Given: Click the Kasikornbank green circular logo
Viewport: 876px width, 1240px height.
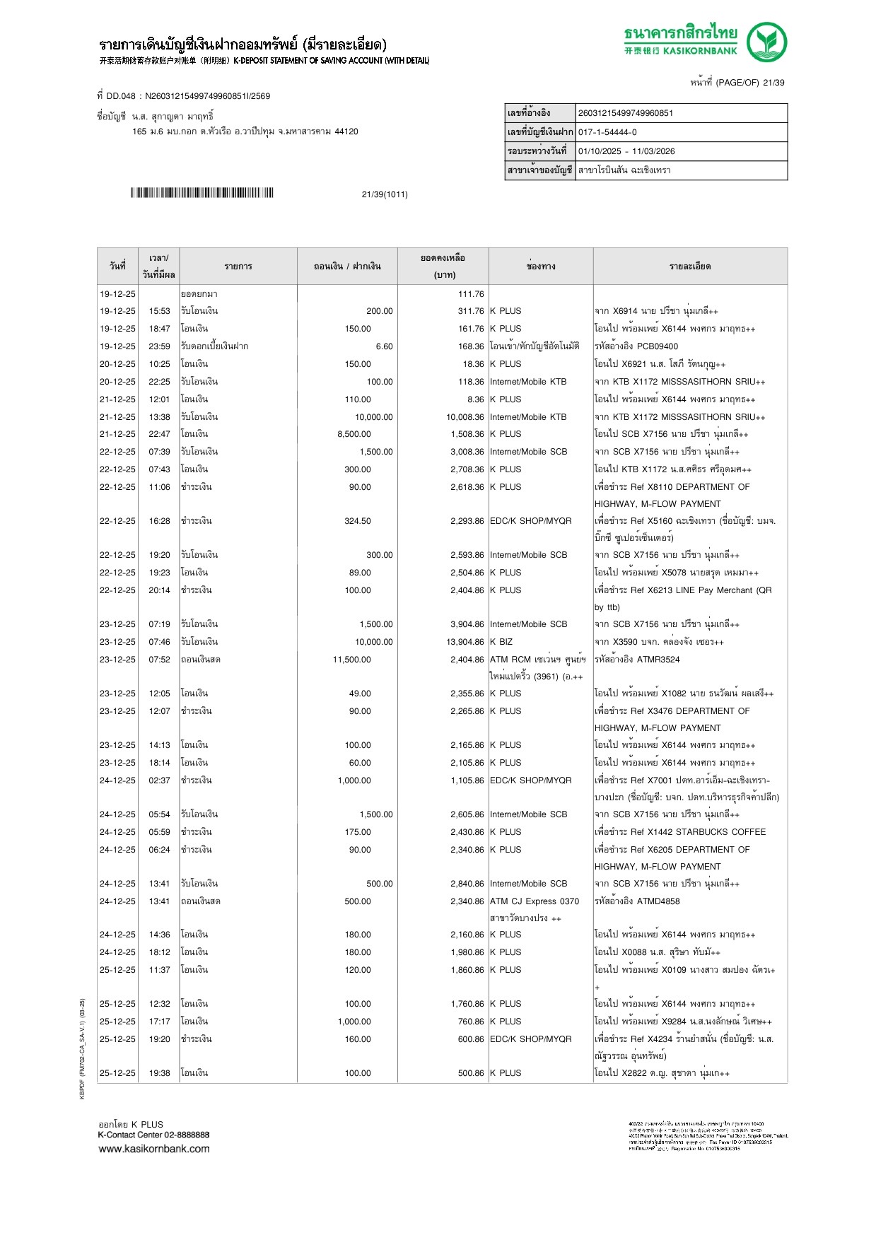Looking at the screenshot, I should tap(766, 42).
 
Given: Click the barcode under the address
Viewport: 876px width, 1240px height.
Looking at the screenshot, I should tap(202, 193).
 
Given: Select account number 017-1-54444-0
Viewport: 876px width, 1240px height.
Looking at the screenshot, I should tap(607, 132).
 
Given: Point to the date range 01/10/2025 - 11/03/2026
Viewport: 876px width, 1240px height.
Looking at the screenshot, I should tap(626, 151).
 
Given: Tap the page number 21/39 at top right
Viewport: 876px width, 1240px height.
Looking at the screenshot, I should tap(773, 83).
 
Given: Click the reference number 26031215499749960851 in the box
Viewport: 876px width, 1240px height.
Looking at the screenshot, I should tap(626, 113).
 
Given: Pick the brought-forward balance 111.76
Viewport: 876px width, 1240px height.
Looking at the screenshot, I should tap(471, 294).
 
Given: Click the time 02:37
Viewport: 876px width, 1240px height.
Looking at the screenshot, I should tap(159, 780).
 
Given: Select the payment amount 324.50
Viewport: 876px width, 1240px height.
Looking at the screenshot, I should tap(357, 521).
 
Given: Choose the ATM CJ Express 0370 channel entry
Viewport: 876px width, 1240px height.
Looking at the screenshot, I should tap(535, 901).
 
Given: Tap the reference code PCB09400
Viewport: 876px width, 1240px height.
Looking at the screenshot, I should tap(657, 346).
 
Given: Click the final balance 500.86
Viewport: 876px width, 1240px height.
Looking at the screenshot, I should tap(471, 1073).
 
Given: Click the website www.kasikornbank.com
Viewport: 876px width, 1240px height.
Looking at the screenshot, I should tap(154, 1149).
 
